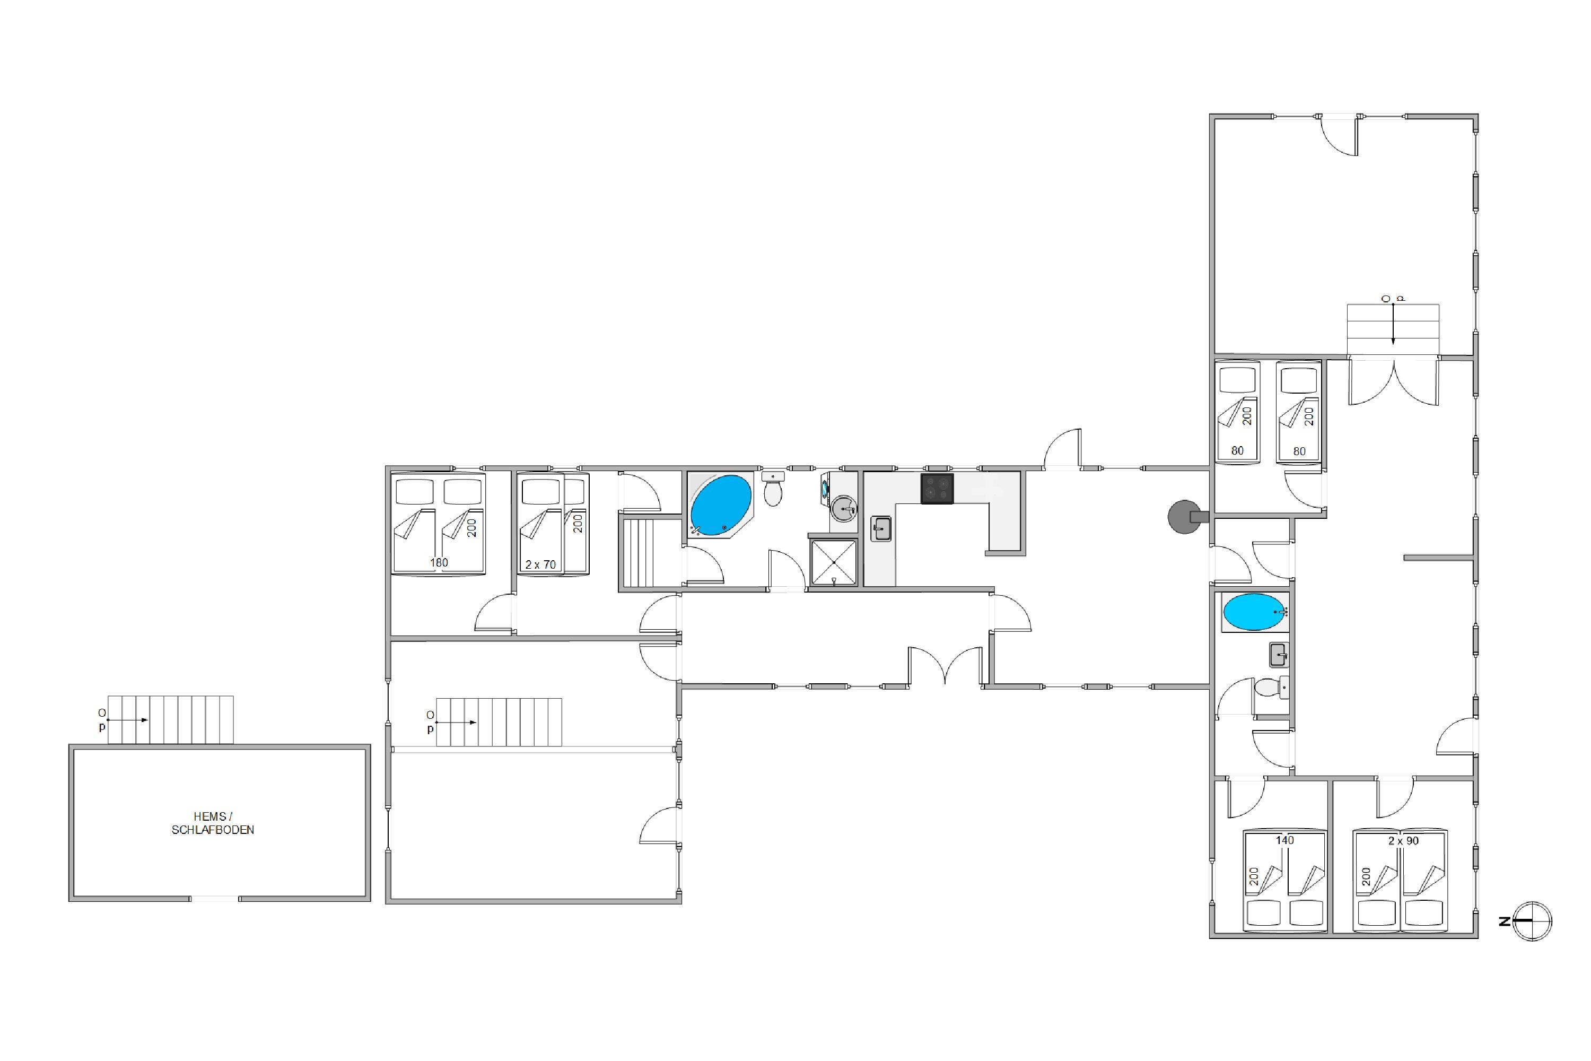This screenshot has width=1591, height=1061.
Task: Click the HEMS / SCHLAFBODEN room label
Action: click(x=213, y=823)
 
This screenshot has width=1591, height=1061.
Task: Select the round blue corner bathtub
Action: click(x=720, y=505)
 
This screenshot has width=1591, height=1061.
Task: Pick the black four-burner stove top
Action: click(x=937, y=488)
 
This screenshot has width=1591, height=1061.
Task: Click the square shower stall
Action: click(x=833, y=562)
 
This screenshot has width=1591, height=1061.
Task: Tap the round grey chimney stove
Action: click(x=1184, y=517)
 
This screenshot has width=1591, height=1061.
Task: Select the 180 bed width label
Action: click(x=439, y=562)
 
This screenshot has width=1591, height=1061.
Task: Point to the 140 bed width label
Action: click(x=1284, y=840)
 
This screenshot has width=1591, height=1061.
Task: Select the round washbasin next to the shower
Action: click(x=844, y=509)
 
